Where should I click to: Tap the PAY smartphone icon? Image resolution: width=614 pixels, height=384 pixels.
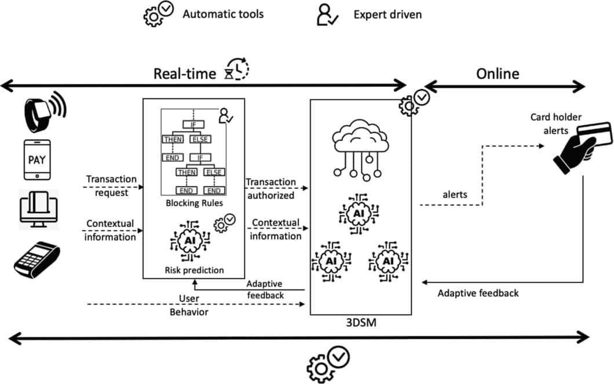[x=36, y=159]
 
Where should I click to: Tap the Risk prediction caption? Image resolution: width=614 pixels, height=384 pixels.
[x=194, y=270]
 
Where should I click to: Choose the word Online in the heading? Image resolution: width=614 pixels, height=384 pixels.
[x=498, y=74]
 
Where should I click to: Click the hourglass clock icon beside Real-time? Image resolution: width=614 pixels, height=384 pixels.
[x=237, y=70]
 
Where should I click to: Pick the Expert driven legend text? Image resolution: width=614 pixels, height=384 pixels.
[x=388, y=13]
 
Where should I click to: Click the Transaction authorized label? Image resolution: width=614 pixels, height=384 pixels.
[x=270, y=188]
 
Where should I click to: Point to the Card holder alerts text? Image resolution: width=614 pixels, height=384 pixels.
[x=548, y=123]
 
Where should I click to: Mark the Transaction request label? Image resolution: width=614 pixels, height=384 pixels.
[x=111, y=186]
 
